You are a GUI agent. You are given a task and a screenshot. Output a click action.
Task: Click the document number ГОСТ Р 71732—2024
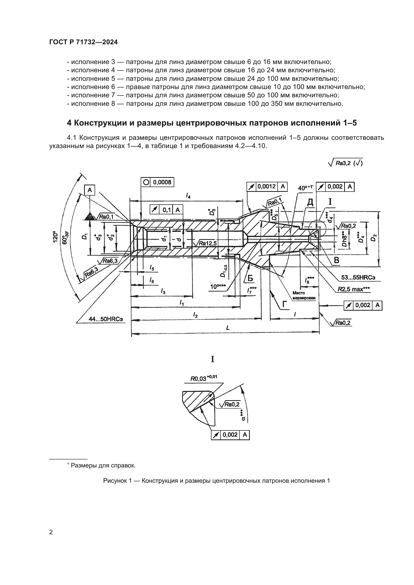[83, 42]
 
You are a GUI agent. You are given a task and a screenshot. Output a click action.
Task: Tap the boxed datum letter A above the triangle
[90, 190]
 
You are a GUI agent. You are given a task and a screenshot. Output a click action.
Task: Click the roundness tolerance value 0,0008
[162, 182]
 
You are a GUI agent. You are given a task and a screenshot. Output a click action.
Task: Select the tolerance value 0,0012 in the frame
[266, 187]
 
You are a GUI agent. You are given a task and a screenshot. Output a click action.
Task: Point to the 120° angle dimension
[55, 237]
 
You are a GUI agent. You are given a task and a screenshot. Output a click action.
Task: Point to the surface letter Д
[310, 202]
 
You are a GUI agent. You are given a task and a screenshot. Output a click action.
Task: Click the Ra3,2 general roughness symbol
[346, 163]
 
